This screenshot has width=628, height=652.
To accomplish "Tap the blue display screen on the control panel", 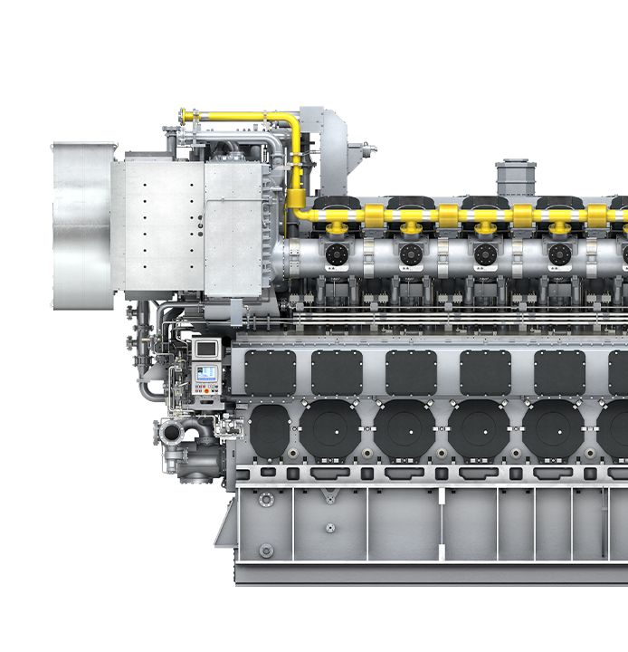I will [207, 373].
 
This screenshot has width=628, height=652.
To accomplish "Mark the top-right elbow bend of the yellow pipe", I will [291, 121].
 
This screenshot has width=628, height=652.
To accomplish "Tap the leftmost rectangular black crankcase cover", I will [270, 372].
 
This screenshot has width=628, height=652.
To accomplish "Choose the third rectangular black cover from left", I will [411, 372].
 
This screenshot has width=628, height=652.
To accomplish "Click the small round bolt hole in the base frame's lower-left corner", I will [265, 550].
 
